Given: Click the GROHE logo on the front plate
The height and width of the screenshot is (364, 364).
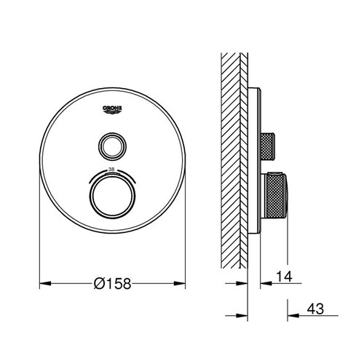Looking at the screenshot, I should (111, 108).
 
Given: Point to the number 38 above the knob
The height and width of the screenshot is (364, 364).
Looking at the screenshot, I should (111, 169).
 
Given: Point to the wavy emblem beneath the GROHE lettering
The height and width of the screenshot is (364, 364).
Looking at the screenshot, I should (111, 111).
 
